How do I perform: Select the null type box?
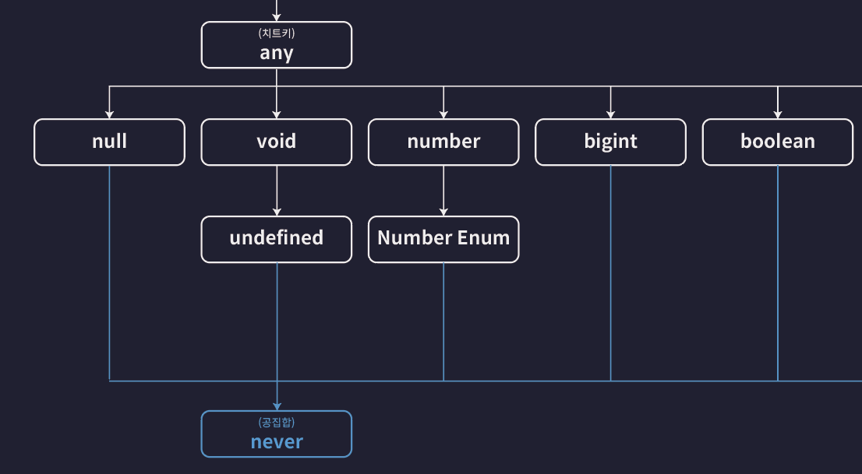pyautogui.click(x=109, y=142)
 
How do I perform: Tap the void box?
pyautogui.click(x=277, y=142)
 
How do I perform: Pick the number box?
pyautogui.click(x=443, y=142)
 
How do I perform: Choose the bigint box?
pyautogui.click(x=610, y=142)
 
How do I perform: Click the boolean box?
pyautogui.click(x=777, y=142)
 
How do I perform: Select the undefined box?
pyautogui.click(x=277, y=238)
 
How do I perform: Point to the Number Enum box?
pyautogui.click(x=443, y=238)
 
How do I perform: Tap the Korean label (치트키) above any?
pyautogui.click(x=277, y=33)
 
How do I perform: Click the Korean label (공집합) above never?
pyautogui.click(x=277, y=422)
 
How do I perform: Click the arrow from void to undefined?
pyautogui.click(x=277, y=191)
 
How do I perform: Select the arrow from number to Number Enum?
pyautogui.click(x=443, y=191)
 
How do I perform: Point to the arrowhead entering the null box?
pyautogui.click(x=109, y=114)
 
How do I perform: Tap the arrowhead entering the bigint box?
pyautogui.click(x=610, y=114)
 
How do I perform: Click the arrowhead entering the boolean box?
pyautogui.click(x=777, y=114)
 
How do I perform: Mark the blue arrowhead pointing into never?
pyautogui.click(x=277, y=406)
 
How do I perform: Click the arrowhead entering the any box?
pyautogui.click(x=277, y=16)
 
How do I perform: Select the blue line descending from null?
pyautogui.click(x=109, y=272)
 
